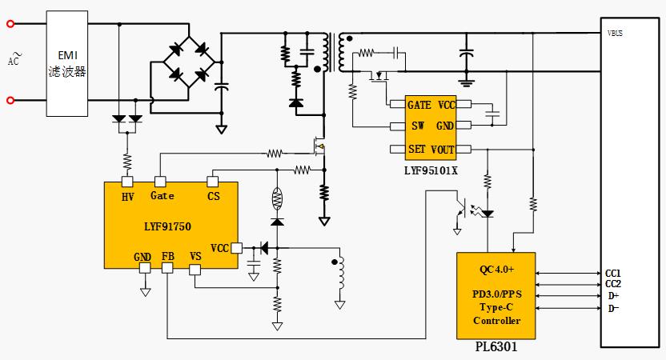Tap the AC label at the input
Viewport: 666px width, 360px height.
pos(13,59)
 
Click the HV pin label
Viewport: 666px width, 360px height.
pos(127,196)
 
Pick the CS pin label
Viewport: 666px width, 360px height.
pos(213,196)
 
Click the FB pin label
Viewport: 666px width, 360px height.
pos(167,256)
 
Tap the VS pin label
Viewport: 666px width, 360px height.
pos(195,256)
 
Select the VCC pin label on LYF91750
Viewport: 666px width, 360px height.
pos(220,247)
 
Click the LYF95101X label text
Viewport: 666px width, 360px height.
pos(431,170)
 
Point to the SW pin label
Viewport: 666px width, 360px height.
pos(418,126)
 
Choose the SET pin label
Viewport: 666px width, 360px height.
pos(417,149)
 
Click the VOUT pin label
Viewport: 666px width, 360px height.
pos(442,149)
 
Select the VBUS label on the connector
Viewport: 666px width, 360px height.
pos(616,34)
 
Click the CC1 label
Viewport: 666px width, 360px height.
pos(614,273)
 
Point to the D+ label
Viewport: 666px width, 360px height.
pos(613,297)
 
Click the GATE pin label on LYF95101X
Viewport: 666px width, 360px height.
pos(419,105)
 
